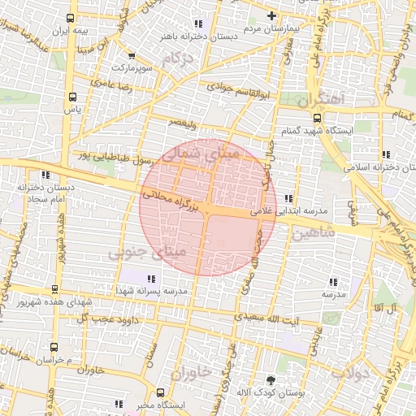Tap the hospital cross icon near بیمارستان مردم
272,15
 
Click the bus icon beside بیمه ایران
71,18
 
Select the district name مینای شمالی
202,153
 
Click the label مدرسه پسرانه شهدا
152,290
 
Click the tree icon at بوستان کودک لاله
271,379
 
